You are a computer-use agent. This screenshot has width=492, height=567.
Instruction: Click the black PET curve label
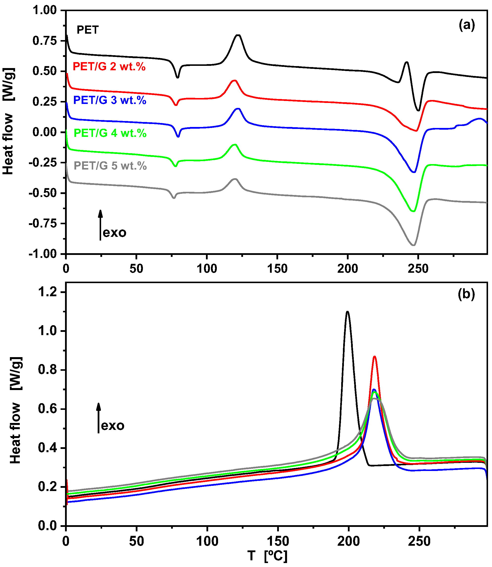point(88,30)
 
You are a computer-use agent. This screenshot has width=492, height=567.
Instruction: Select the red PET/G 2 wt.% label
point(109,67)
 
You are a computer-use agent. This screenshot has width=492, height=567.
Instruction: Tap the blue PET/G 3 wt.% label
point(110,100)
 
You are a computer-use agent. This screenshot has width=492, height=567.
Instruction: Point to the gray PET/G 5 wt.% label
point(110,166)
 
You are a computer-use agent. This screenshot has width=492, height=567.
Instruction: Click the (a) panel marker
point(467,25)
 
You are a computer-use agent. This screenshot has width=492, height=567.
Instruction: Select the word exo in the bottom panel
point(113,426)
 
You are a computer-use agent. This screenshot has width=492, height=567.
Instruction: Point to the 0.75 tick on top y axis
point(45,41)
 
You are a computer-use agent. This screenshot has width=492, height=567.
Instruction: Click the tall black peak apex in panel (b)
point(348,311)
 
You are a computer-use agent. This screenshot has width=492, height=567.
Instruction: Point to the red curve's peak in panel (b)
point(374,356)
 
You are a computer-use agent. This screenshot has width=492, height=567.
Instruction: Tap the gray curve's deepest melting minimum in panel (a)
point(413,245)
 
